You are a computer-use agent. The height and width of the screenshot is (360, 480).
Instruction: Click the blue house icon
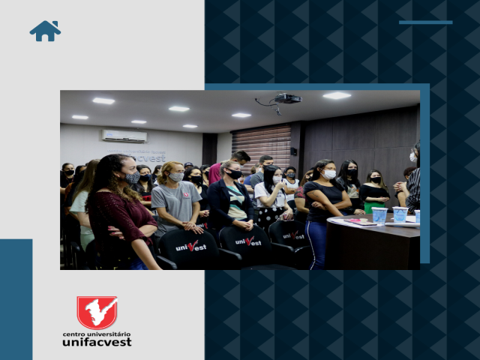[45, 31]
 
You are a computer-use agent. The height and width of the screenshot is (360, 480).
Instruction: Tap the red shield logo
[97, 312]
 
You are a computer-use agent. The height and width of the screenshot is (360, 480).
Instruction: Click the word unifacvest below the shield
[97, 342]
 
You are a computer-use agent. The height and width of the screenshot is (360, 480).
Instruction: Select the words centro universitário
[97, 334]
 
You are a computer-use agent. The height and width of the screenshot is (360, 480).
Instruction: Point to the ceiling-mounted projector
[288, 98]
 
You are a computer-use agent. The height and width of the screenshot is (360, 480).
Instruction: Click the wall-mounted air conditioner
[124, 136]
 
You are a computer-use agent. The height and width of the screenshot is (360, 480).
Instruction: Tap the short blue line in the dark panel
[425, 22]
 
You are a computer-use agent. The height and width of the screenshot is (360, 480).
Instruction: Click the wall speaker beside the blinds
[293, 151]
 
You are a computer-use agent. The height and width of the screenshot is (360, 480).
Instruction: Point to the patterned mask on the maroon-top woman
[132, 178]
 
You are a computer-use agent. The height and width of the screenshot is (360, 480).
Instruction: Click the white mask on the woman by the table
[328, 174]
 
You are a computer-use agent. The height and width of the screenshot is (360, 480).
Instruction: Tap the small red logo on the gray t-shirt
[186, 194]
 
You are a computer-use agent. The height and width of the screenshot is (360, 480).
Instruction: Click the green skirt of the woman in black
[373, 207]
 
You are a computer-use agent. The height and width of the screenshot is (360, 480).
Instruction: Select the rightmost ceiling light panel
[337, 96]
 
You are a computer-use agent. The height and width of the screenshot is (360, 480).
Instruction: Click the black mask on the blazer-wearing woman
[235, 174]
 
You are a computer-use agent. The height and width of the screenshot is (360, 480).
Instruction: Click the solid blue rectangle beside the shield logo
[16, 299]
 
